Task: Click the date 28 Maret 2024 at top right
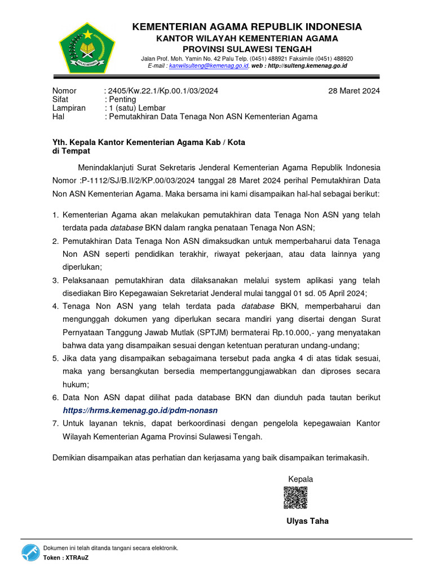point(354,91)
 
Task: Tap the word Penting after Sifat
point(122,99)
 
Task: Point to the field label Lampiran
point(69,108)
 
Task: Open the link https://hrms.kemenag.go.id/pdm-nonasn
point(140,410)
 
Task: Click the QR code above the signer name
point(295,497)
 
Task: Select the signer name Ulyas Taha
point(307,521)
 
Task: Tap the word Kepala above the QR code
point(301,479)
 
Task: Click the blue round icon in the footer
point(30,553)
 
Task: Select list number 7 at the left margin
point(55,423)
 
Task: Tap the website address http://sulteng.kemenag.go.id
point(307,66)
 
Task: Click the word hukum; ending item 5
point(75,384)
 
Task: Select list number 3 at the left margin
point(55,281)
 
